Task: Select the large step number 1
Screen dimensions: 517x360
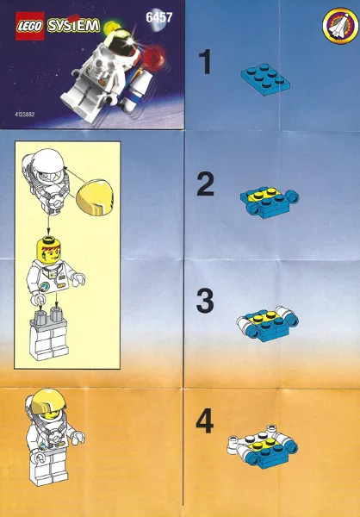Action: point(205,63)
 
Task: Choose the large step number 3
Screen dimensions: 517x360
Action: point(205,302)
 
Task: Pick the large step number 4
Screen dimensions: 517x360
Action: point(205,421)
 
